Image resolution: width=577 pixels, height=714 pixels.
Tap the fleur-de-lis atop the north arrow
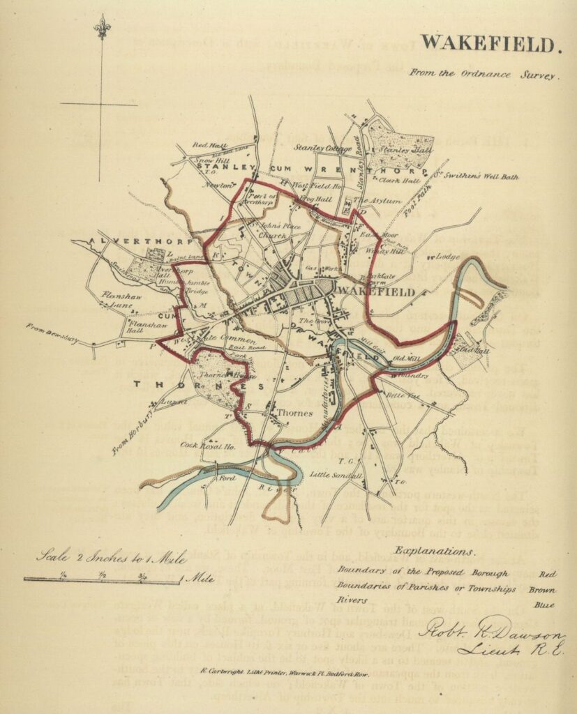tap(102, 28)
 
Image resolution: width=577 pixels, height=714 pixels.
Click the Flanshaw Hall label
tap(137, 326)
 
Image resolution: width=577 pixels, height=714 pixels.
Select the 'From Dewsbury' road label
tap(52, 334)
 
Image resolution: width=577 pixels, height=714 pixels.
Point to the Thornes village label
tap(291, 413)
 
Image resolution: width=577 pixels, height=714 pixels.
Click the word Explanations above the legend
tap(434, 551)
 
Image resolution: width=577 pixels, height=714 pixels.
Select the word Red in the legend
tap(548, 574)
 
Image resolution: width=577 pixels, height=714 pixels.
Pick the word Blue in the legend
tap(546, 605)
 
